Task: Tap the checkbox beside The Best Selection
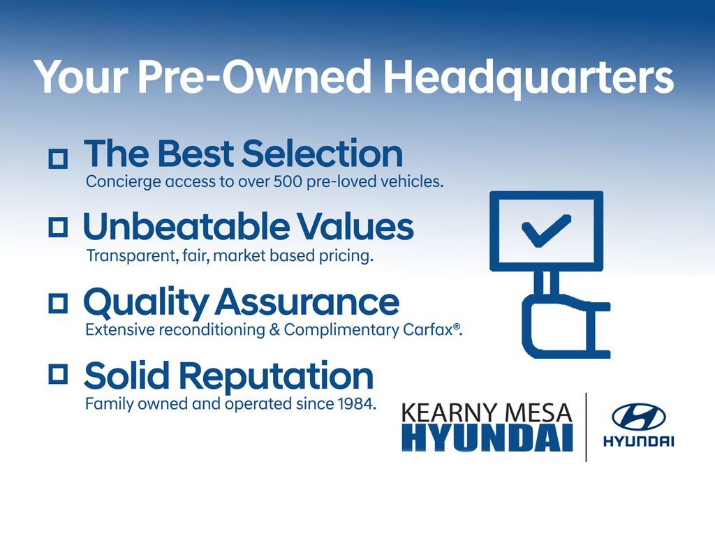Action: click(58, 159)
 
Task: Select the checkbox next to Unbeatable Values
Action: click(58, 226)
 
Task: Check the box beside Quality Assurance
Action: click(58, 301)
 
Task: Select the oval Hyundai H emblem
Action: click(638, 417)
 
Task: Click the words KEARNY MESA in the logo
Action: click(486, 412)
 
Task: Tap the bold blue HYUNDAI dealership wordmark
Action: click(487, 439)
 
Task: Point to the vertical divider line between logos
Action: click(585, 427)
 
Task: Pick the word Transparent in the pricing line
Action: click(129, 256)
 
